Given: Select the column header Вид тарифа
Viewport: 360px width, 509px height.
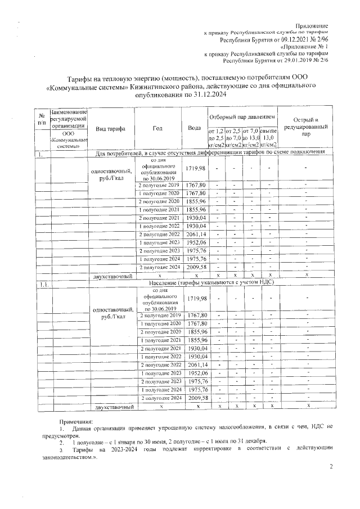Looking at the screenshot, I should [110, 129].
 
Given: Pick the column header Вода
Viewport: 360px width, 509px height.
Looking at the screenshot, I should [195, 129].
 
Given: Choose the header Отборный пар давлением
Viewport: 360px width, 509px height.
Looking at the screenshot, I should [242, 116].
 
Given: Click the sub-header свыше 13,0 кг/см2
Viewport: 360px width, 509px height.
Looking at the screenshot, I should [268, 138].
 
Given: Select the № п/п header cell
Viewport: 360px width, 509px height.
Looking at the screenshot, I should [42, 118].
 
